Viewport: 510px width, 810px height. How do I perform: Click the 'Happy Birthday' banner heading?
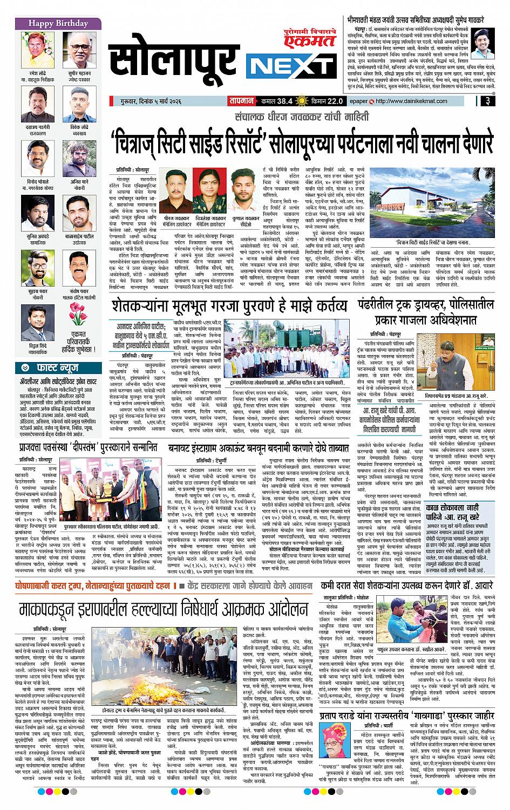point(51,23)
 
